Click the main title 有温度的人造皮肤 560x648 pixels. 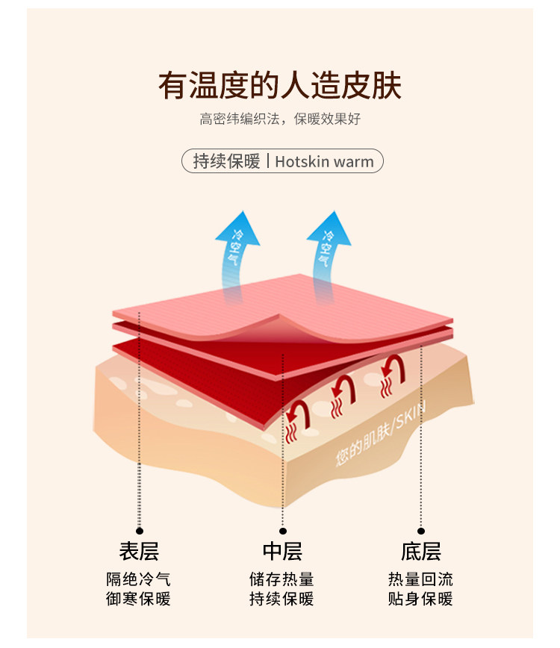point(280,86)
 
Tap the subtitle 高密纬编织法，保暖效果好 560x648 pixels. point(280,119)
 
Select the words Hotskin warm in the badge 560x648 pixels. point(324,161)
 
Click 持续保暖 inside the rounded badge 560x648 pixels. point(226,161)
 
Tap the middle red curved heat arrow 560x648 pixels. point(343,387)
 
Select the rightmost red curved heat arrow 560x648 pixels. point(391,367)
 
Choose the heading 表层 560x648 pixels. point(139,552)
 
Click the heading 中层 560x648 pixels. point(281,552)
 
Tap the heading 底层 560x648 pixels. point(420,552)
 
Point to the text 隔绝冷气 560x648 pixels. point(139,579)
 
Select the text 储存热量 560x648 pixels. point(281,579)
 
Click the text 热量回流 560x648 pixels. point(420,579)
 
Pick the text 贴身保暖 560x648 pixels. point(420,599)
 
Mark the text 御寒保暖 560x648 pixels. point(139,599)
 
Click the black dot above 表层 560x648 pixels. point(139,531)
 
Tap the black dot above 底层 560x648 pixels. point(420,531)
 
